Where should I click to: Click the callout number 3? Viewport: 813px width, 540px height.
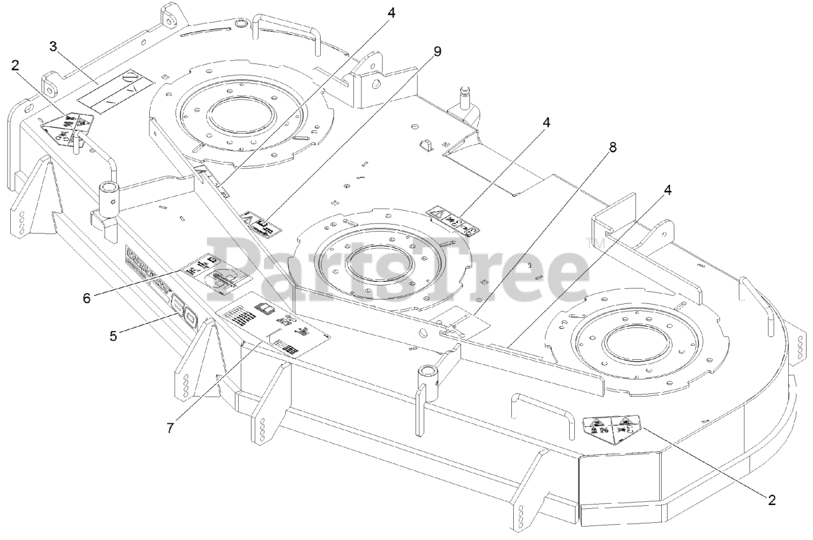pos(54,46)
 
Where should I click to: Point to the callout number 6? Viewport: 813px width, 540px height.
pos(86,296)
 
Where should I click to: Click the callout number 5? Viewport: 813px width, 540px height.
pos(113,336)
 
